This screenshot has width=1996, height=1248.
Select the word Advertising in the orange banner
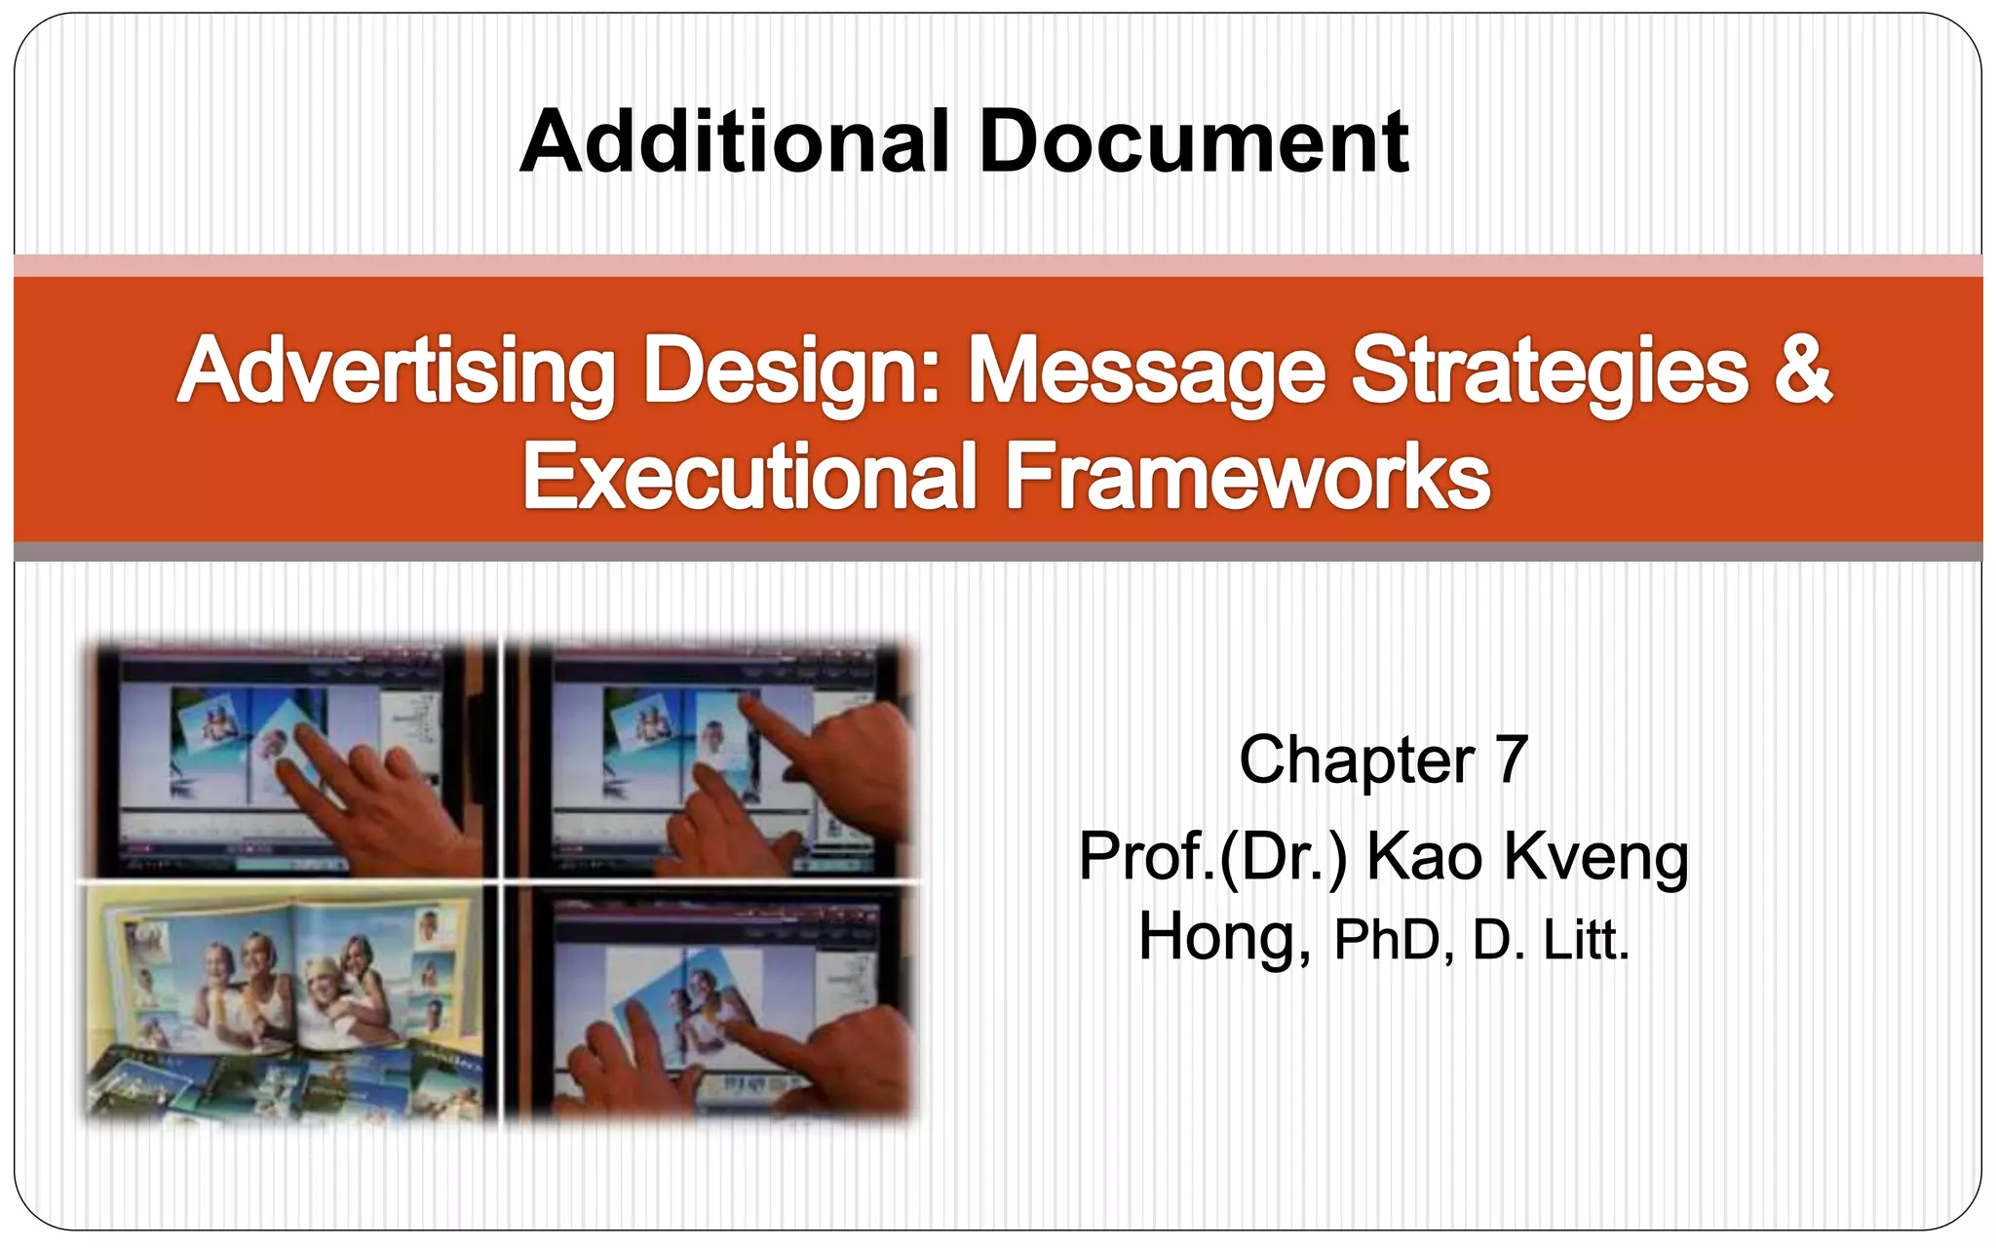coord(397,372)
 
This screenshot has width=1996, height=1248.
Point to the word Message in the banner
coord(1146,372)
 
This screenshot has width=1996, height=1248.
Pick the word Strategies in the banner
coord(1550,372)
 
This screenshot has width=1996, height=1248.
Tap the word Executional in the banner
coord(749,477)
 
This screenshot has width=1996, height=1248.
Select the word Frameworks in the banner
coord(1247,477)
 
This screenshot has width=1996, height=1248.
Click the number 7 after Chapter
coord(1511,760)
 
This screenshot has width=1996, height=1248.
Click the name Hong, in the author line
coord(1224,938)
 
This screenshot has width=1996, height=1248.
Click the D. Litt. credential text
coord(1551,940)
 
